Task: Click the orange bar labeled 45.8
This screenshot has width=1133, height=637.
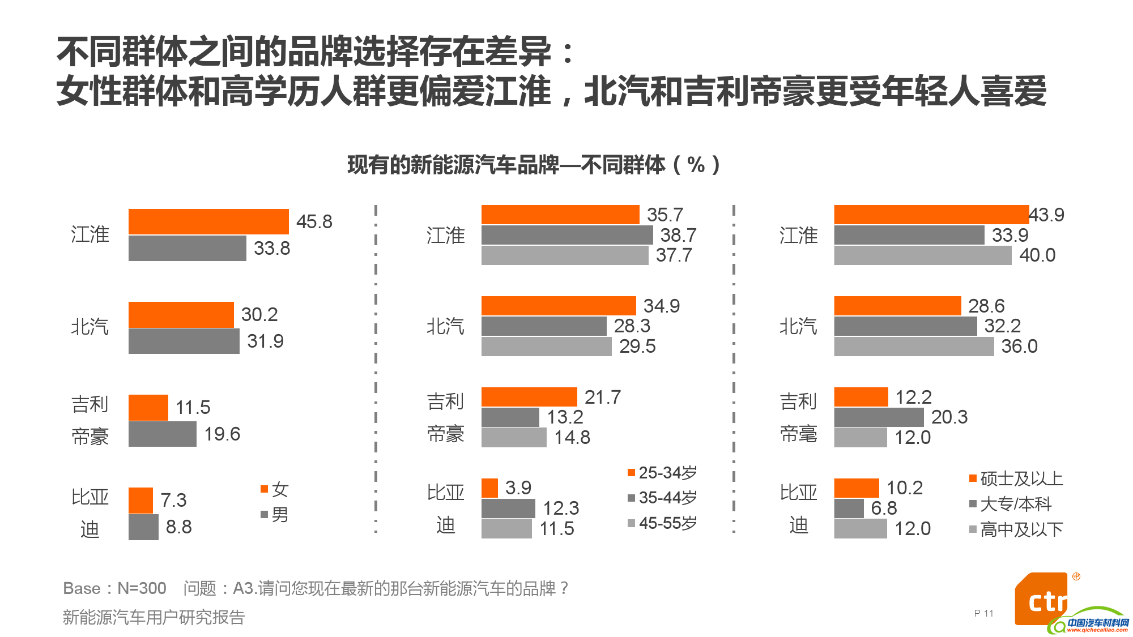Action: coord(208,221)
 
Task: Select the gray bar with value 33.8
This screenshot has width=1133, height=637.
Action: coord(187,248)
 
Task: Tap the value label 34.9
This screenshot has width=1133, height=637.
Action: coord(661,306)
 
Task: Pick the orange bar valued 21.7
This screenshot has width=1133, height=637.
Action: coord(529,397)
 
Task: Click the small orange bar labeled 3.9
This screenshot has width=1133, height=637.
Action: coord(489,488)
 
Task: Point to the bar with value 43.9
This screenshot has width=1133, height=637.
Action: coord(931,215)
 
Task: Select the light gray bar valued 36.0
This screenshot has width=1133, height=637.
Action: coord(913,346)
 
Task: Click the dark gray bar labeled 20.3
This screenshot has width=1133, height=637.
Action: coord(879,417)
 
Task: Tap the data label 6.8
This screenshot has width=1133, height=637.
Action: coord(884,508)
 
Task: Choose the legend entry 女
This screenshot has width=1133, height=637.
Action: coord(275,489)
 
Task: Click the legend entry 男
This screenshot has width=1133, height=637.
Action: coord(275,514)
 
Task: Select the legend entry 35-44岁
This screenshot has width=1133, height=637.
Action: coord(663,498)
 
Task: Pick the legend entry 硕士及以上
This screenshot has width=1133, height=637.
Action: coord(1016,478)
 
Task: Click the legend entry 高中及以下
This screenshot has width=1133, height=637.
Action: coord(1016,529)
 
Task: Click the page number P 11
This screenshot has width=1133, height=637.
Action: coord(983,613)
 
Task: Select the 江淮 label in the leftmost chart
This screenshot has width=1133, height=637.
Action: coord(90,234)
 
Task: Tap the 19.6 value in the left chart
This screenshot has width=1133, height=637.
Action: coord(222,434)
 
